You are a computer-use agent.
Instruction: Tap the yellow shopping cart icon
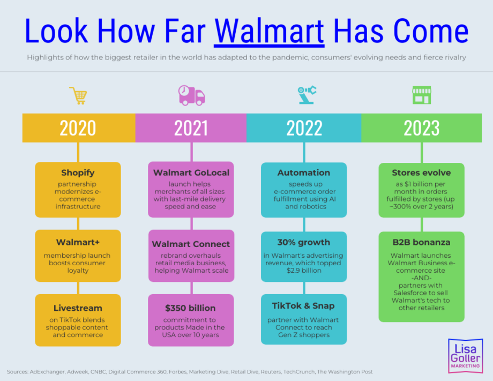[x=78, y=95]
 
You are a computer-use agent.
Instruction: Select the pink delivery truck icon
[x=191, y=95]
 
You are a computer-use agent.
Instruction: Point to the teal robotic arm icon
[x=307, y=95]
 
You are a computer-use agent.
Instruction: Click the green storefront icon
[x=422, y=95]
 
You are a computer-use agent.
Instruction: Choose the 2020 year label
[x=78, y=128]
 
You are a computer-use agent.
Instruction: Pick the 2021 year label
[x=191, y=128]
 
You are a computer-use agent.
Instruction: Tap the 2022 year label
[x=304, y=128]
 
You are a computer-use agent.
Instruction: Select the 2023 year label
[x=421, y=128]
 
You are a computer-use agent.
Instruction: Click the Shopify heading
[x=78, y=173]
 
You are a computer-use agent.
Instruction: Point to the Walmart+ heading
[x=78, y=242]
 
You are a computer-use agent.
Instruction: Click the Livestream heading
[x=78, y=308]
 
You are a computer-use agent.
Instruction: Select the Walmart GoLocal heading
[x=191, y=173]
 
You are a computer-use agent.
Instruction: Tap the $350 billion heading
[x=190, y=308]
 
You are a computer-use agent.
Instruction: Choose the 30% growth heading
[x=304, y=242]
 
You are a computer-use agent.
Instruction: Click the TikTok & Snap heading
[x=303, y=306]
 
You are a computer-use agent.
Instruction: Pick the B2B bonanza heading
[x=421, y=242]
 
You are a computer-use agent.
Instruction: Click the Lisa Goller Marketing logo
[x=465, y=356]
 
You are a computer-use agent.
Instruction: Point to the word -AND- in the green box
[x=421, y=278]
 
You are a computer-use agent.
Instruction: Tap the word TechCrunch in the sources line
[x=298, y=372]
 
